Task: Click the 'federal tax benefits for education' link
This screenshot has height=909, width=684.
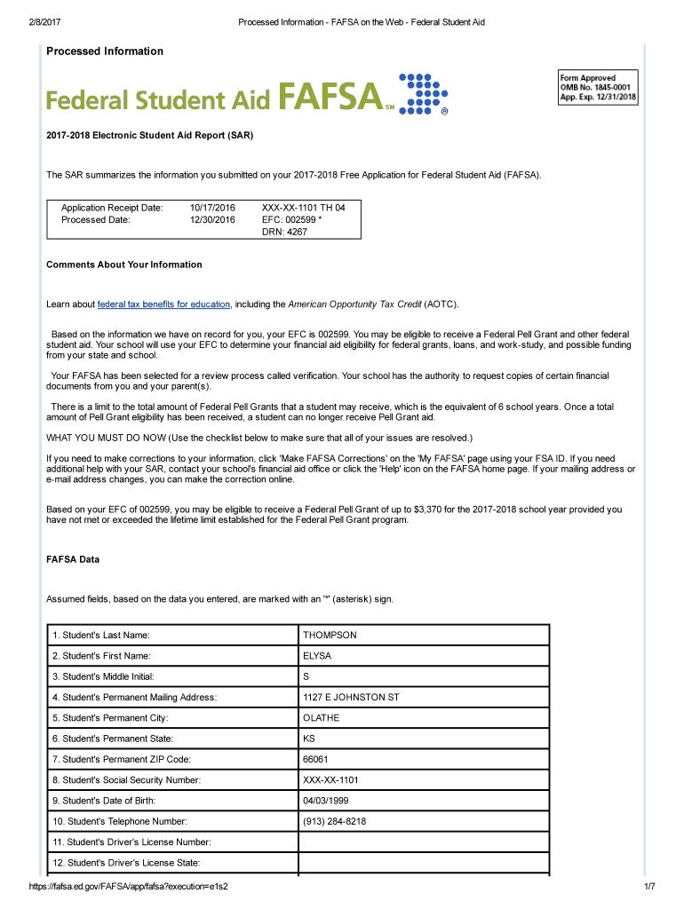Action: [163, 304]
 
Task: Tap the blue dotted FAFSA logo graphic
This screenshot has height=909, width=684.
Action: [423, 94]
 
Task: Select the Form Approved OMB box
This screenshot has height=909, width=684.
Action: [598, 88]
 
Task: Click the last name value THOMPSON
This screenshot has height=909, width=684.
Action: [330, 636]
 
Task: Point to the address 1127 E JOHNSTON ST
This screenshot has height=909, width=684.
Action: [351, 698]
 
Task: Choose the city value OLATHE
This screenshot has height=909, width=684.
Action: [321, 718]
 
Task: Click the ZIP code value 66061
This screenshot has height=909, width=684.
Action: [315, 760]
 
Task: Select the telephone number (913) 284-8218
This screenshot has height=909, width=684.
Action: [334, 822]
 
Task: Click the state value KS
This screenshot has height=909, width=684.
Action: [309, 739]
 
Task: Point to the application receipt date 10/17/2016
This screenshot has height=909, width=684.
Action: [212, 208]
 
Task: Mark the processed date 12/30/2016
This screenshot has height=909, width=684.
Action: [212, 219]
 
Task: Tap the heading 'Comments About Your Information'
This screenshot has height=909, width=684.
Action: [123, 265]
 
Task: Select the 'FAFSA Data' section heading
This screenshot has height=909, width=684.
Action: [73, 560]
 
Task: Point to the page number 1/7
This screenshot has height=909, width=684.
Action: [649, 888]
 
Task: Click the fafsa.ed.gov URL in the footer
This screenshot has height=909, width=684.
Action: [129, 888]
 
